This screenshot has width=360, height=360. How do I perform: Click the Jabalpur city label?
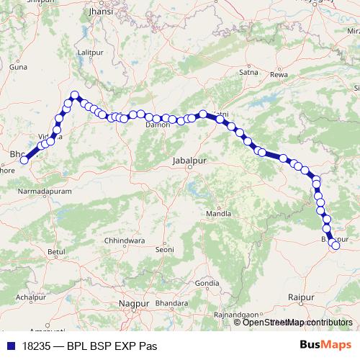[189, 162]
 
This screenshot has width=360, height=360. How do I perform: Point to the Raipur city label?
[298, 296]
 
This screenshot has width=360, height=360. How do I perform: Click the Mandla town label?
[219, 214]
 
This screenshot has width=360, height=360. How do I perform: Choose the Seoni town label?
[165, 249]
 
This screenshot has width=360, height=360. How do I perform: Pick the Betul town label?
[55, 251]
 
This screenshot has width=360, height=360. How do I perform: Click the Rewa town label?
[279, 74]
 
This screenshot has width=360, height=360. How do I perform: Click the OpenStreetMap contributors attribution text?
[297, 322]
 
